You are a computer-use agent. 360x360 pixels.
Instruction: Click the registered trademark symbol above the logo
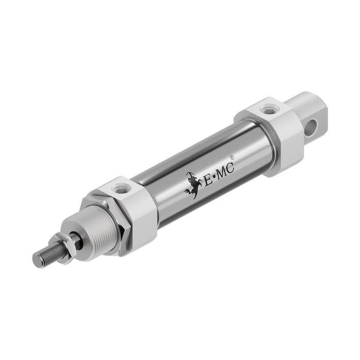coord(232,158)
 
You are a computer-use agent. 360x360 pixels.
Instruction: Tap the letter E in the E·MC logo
coord(208,180)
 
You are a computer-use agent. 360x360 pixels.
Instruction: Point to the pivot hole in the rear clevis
coord(312,127)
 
